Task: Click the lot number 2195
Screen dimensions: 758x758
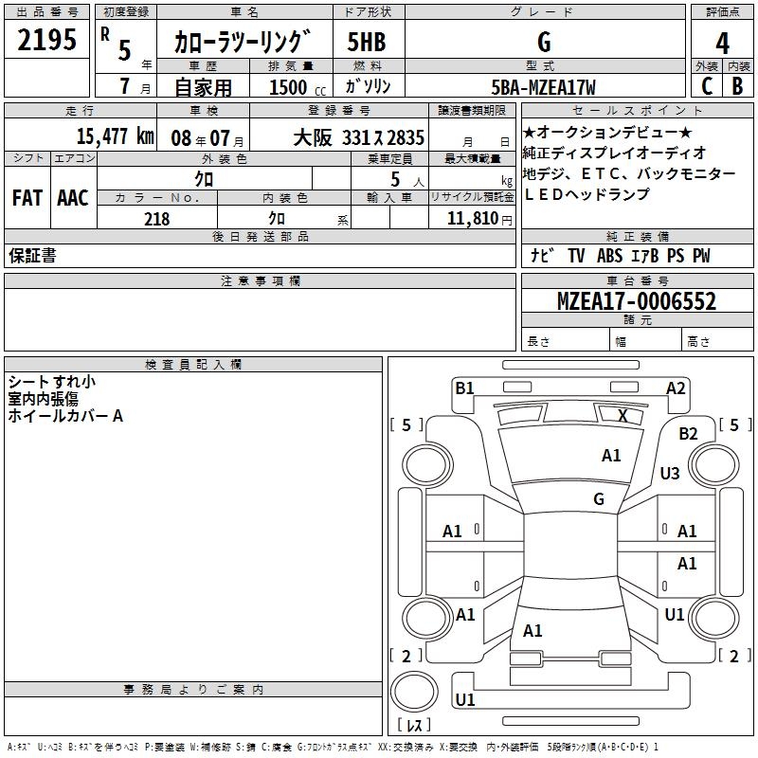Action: pyautogui.click(x=46, y=40)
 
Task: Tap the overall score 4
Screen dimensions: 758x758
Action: pyautogui.click(x=722, y=44)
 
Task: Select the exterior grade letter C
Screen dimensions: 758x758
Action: pyautogui.click(x=707, y=86)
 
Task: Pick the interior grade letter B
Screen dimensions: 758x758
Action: pyautogui.click(x=737, y=86)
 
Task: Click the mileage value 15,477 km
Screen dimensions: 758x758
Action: pyautogui.click(x=116, y=136)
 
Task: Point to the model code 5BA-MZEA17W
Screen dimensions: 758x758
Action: pyautogui.click(x=543, y=87)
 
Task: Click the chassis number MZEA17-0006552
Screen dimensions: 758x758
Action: pyautogui.click(x=637, y=301)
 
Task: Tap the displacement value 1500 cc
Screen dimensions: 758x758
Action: pyautogui.click(x=298, y=87)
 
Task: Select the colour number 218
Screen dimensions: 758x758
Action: pyautogui.click(x=156, y=219)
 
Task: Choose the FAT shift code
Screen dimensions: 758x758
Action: pyautogui.click(x=27, y=198)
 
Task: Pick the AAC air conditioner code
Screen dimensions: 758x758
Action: pyautogui.click(x=73, y=198)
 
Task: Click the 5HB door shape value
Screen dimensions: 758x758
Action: pyautogui.click(x=367, y=42)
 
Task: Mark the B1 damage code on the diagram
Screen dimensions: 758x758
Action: pyautogui.click(x=464, y=388)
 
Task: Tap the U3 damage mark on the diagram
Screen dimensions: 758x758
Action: pyautogui.click(x=670, y=473)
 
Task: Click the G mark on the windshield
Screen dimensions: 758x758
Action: pyautogui.click(x=599, y=499)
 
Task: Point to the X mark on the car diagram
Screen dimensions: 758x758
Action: pyautogui.click(x=623, y=415)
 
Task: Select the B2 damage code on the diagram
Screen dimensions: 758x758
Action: pyautogui.click(x=688, y=434)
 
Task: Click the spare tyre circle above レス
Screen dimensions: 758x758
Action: pyautogui.click(x=414, y=692)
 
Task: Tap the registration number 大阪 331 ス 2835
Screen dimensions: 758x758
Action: pyautogui.click(x=359, y=137)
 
